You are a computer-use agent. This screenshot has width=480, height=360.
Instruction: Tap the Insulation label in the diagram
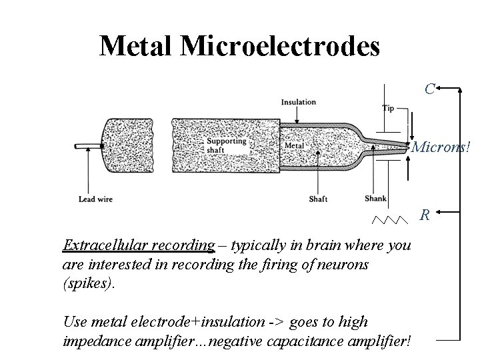(x=297, y=102)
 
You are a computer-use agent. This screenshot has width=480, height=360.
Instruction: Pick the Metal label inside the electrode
(x=294, y=145)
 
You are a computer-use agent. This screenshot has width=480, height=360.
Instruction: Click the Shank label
(x=375, y=198)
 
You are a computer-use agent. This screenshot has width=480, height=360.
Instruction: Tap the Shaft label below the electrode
(x=318, y=199)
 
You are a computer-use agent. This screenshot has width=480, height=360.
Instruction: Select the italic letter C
(x=430, y=88)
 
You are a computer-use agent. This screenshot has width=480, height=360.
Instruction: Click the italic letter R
(x=424, y=215)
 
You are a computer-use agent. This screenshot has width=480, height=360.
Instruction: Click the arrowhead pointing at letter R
(x=437, y=215)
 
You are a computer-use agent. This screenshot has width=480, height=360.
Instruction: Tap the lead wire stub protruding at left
(x=87, y=145)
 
